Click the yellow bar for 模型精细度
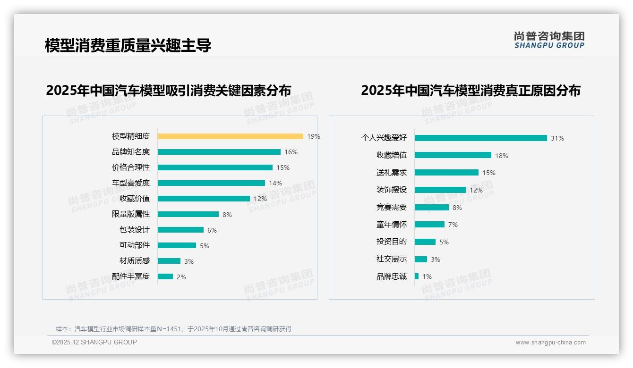[230, 136]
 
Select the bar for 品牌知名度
[219, 152]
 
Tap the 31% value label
[557, 138]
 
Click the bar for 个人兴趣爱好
[480, 138]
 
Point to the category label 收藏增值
[391, 155]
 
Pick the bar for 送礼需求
[446, 173]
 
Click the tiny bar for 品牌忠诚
[417, 276]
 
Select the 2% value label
[181, 277]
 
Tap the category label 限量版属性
[130, 214]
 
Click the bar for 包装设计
[180, 230]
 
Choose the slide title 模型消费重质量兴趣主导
[128, 45]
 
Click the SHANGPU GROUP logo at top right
[549, 40]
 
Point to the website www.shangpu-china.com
[550, 343]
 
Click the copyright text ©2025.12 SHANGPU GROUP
[94, 342]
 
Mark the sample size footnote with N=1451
[173, 329]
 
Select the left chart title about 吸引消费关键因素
[168, 90]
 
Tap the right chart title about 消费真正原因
[470, 90]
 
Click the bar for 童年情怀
[429, 225]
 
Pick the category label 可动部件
[134, 245]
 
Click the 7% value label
[453, 225]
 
